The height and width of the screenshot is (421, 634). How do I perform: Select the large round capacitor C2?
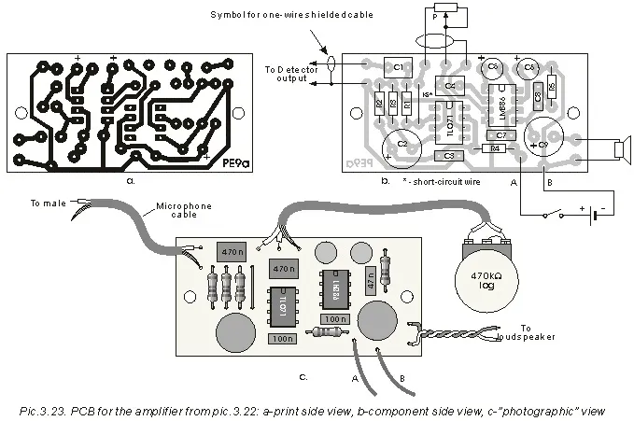click(401, 143)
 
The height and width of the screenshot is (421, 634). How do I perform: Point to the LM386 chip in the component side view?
click(501, 105)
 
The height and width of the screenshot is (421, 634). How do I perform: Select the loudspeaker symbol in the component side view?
click(621, 149)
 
